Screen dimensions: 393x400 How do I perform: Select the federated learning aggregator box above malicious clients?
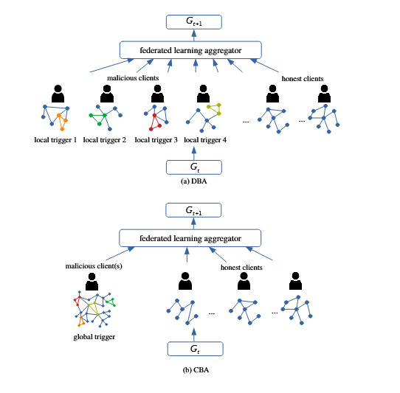pyautogui.click(x=191, y=51)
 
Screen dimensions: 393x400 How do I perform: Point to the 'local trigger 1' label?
pyautogui.click(x=55, y=139)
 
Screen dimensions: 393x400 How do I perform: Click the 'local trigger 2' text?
pyautogui.click(x=105, y=139)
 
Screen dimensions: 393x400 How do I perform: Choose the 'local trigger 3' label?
pyautogui.click(x=156, y=139)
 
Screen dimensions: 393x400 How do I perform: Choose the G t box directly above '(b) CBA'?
pyautogui.click(x=193, y=349)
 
